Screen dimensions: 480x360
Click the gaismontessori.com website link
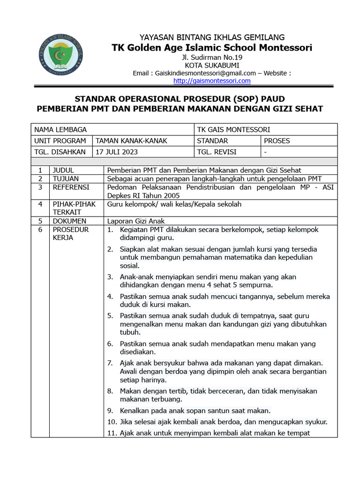coord(212,81)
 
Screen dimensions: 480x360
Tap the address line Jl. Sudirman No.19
coord(212,57)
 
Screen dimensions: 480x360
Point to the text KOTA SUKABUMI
coord(212,65)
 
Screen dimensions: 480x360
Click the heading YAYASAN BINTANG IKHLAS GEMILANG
coord(212,37)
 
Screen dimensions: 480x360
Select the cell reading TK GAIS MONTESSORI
coord(233,130)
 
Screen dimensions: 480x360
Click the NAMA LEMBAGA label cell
coord(60,130)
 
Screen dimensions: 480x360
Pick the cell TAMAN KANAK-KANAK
coord(131,141)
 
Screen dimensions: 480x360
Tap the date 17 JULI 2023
coord(117,152)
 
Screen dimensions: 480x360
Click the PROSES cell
coord(277,141)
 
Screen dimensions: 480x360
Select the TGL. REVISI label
coord(217,152)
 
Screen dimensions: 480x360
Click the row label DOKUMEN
coord(69,221)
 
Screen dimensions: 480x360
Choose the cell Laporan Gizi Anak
coord(136,221)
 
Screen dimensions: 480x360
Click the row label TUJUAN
coord(66,179)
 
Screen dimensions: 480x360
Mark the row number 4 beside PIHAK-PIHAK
coord(40,204)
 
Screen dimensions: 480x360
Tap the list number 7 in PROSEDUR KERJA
coord(110,363)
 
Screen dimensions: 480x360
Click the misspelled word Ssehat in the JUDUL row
coord(290,170)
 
